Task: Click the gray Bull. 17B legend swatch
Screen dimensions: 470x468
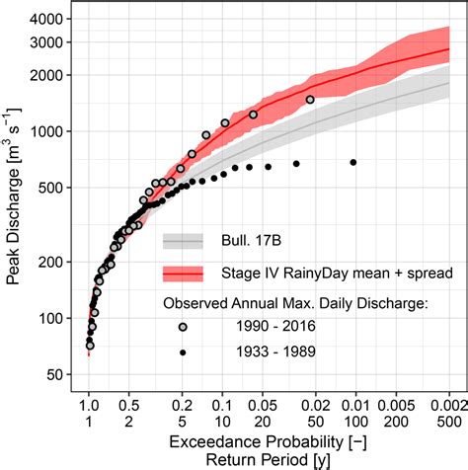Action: point(183,241)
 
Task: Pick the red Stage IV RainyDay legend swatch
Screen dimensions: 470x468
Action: point(183,274)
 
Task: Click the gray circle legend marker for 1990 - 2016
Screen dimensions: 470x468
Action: point(183,328)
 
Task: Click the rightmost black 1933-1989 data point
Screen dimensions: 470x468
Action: point(353,162)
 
